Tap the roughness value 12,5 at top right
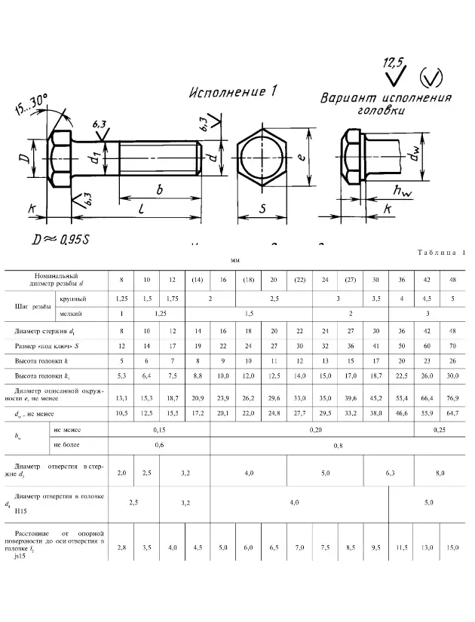coord(394,62)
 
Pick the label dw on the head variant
coord(414,157)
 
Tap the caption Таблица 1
coord(438,253)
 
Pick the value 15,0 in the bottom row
coord(452,547)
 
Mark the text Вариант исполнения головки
coord(386,104)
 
